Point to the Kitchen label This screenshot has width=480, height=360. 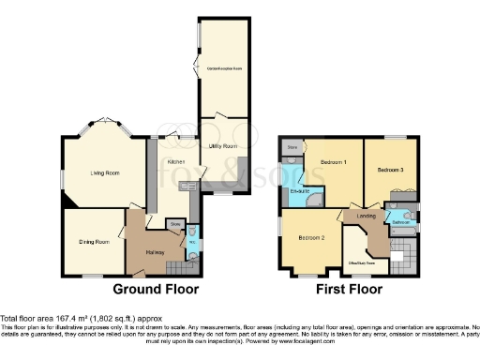(173, 162)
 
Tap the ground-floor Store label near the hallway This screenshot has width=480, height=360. (174, 224)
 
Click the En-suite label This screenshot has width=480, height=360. (301, 191)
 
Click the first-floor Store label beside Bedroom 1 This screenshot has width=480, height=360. (292, 148)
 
